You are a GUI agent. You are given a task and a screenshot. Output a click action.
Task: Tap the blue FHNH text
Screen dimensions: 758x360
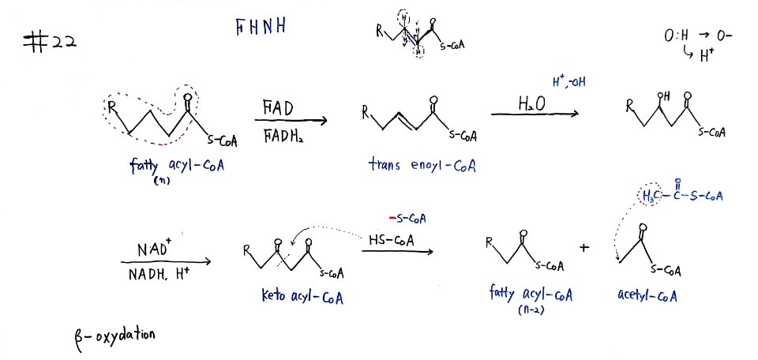coord(260,27)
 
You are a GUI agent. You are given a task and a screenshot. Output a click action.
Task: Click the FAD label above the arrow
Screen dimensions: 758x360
coord(278,108)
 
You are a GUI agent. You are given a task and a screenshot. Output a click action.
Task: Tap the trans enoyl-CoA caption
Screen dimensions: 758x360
coord(422,167)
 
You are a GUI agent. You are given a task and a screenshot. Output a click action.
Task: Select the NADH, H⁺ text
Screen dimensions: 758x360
coord(159,275)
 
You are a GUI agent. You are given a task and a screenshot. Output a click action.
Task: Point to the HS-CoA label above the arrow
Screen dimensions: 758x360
coord(391,240)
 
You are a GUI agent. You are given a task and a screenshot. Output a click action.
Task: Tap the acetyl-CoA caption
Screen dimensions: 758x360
coord(647,294)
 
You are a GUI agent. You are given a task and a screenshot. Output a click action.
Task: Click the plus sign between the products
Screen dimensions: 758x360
coord(585,248)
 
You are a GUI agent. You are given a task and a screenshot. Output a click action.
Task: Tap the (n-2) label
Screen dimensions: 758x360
coord(531,310)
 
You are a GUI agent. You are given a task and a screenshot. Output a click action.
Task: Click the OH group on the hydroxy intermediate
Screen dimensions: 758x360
coord(665,96)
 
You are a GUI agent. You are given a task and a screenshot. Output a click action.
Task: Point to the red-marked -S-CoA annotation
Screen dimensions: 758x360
coord(407,219)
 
